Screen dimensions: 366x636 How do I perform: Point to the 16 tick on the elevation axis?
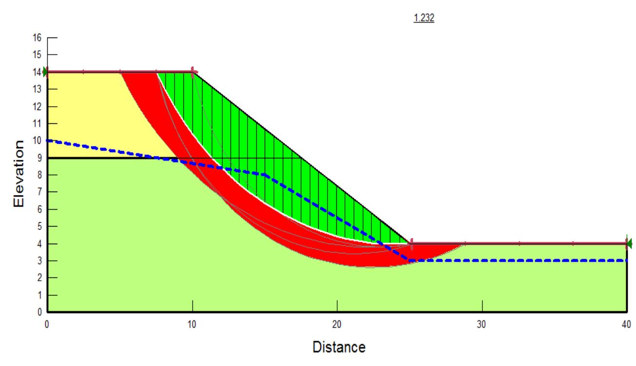[38, 37]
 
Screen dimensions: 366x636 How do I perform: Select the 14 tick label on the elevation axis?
[38, 72]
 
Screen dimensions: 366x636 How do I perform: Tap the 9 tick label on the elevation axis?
[39, 158]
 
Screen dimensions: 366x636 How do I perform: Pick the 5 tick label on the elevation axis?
[39, 227]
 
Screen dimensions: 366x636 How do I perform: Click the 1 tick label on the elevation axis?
[39, 295]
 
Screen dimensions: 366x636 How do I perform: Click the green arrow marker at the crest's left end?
[45, 72]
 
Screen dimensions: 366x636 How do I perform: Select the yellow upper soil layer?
[88, 112]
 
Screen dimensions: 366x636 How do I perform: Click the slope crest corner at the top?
[193, 72]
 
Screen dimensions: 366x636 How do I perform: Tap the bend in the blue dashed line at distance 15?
[265, 174]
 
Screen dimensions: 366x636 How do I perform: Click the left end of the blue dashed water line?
[48, 140]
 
